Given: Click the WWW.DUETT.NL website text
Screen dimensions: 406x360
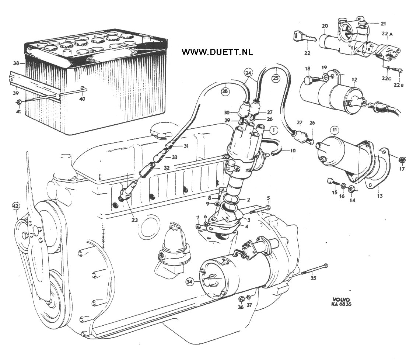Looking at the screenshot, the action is click(x=217, y=52).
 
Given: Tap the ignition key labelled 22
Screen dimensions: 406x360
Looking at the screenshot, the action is click(x=305, y=36).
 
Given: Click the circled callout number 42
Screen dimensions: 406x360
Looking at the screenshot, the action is click(x=16, y=206).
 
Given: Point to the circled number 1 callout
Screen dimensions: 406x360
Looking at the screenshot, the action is click(x=273, y=130).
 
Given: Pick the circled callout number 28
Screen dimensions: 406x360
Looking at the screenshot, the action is click(x=225, y=91).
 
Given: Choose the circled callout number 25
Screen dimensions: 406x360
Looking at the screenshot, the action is click(x=276, y=78).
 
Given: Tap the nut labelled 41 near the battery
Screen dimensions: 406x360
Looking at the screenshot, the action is click(x=19, y=101).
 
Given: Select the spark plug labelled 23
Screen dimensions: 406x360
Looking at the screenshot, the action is click(x=127, y=191).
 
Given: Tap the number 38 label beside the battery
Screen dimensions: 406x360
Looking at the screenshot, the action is click(x=16, y=63).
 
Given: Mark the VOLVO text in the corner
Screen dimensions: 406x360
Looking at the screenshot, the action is click(x=341, y=300).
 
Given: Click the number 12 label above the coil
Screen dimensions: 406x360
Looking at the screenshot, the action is click(x=354, y=80).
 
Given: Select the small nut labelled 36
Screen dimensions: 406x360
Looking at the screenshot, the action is click(x=241, y=298).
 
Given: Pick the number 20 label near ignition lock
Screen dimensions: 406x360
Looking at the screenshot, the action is click(x=325, y=26).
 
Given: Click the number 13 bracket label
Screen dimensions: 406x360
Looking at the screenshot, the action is click(x=379, y=196).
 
